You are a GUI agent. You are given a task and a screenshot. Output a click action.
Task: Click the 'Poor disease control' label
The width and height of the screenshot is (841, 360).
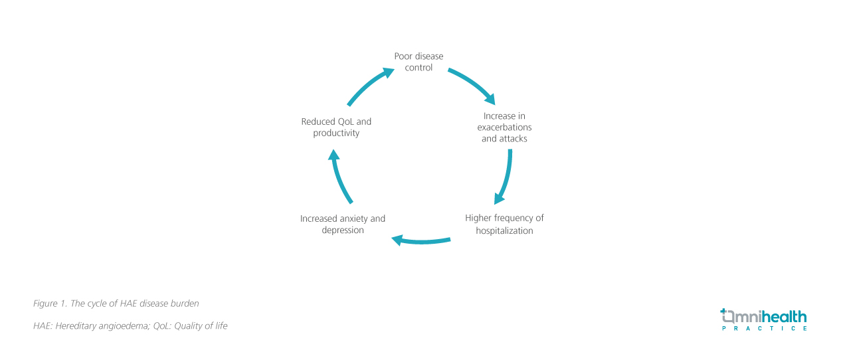(x=419, y=62)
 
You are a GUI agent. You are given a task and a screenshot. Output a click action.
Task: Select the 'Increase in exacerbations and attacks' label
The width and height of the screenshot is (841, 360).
(x=504, y=128)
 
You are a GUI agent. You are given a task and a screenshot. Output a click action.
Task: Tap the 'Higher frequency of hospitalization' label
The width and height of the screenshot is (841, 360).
(x=504, y=225)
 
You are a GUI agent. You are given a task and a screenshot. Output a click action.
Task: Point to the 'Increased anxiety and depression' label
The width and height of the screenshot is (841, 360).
(x=343, y=225)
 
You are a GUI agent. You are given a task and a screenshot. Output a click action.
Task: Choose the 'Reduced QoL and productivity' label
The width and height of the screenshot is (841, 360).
(x=336, y=128)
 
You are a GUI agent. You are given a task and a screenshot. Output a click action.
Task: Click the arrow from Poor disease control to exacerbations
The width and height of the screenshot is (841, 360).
(x=472, y=84)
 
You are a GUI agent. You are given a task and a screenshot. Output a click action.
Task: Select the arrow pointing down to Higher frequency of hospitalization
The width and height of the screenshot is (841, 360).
(x=506, y=177)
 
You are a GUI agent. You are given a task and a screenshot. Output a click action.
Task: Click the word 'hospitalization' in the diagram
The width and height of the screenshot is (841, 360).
(x=504, y=231)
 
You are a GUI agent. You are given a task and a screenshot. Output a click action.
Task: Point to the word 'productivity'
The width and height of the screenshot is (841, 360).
(x=336, y=134)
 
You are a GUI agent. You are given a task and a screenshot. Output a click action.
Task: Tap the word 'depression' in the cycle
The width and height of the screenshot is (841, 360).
(x=343, y=230)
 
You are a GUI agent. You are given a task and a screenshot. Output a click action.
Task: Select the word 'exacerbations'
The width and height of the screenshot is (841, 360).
(x=504, y=128)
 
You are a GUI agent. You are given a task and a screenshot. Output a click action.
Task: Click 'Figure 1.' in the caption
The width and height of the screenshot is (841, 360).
(x=50, y=304)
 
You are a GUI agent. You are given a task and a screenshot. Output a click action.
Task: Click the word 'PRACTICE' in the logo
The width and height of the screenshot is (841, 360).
(x=764, y=329)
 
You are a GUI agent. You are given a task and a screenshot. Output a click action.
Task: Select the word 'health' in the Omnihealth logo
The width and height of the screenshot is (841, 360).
(x=783, y=316)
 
